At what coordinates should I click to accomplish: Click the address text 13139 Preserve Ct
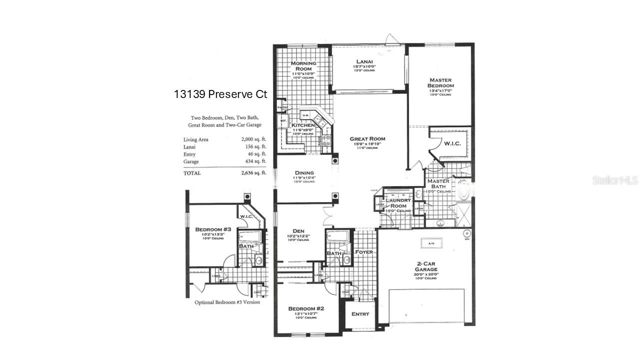[220, 94]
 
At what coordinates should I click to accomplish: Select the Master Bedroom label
[440, 83]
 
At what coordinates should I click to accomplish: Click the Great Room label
[367, 139]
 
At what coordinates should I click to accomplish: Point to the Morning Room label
[303, 66]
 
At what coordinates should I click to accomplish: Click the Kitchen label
[303, 125]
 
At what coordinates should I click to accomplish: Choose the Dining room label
[303, 173]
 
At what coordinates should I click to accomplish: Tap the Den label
[298, 231]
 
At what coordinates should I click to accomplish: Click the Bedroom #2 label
[306, 309]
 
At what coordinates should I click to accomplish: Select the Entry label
[360, 314]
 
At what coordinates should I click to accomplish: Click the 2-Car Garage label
[426, 266]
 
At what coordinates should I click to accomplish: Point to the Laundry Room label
[398, 203]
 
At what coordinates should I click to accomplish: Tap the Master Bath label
[438, 184]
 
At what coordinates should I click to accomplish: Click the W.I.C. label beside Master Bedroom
[452, 144]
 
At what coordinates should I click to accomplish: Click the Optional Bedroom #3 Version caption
[227, 302]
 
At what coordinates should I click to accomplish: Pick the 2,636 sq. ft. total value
[253, 173]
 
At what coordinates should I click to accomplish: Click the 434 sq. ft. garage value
[254, 161]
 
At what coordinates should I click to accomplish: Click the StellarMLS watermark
[615, 180]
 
